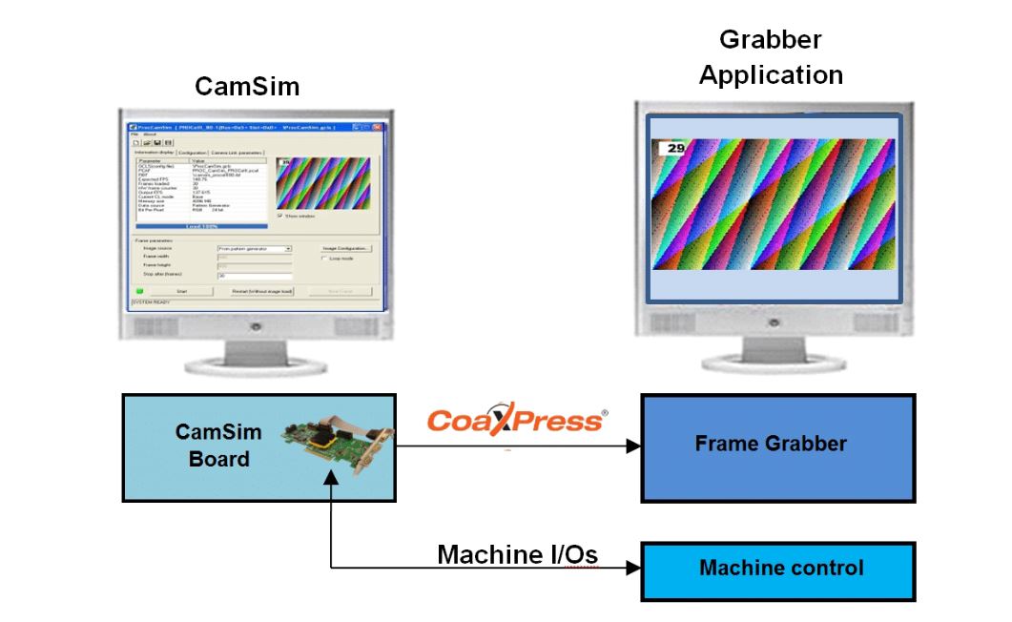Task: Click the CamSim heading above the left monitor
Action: [247, 87]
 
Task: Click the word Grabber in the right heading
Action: [770, 40]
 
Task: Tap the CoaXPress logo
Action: [515, 421]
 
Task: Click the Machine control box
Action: [777, 570]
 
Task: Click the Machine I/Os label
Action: [517, 555]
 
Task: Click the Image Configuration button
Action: [345, 248]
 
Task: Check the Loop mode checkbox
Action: [324, 259]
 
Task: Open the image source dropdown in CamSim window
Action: [288, 248]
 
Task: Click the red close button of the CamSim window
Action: [379, 127]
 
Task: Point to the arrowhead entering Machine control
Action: [633, 569]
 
